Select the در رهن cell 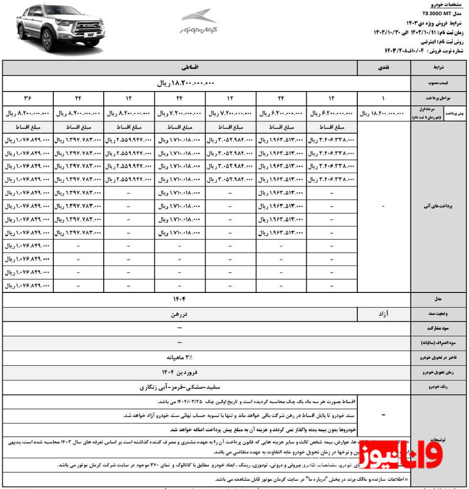click(179, 313)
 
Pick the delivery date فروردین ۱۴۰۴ click(179, 372)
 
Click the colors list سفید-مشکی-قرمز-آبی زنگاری click(179, 387)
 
